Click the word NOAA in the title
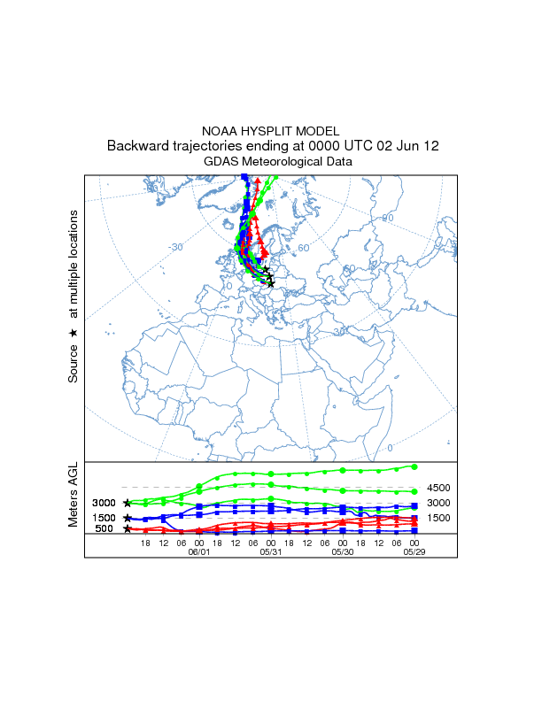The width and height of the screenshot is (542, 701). tap(220, 130)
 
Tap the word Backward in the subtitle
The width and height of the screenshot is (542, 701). tap(137, 146)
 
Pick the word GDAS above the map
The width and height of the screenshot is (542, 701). tap(221, 162)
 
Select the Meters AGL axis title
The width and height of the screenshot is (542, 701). tap(74, 495)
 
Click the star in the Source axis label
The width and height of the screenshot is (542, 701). tap(74, 333)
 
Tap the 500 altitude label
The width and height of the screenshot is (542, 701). tap(103, 529)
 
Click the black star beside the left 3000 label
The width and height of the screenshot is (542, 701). tap(128, 503)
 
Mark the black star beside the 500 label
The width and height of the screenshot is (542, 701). tap(128, 528)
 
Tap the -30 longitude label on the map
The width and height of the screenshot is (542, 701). tap(175, 247)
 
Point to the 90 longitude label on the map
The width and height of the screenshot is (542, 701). tap(387, 218)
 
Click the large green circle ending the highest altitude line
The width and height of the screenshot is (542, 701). tap(414, 466)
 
